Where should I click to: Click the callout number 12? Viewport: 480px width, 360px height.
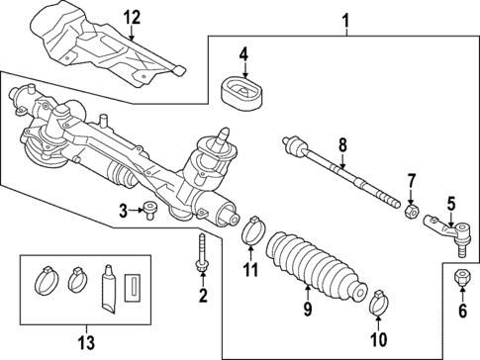pyautogui.click(x=132, y=16)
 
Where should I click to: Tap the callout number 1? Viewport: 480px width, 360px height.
pyautogui.click(x=345, y=19)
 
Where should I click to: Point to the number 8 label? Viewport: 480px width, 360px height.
pyautogui.click(x=342, y=146)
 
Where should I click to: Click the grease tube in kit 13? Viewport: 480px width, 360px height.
pyautogui.click(x=110, y=288)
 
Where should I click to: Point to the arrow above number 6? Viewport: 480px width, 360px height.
pyautogui.click(x=459, y=290)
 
